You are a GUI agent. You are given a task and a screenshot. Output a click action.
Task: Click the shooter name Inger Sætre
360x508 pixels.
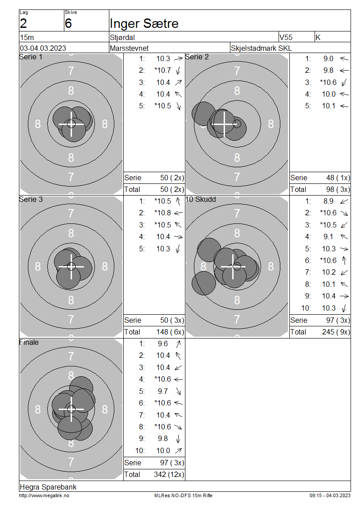pos(144,24)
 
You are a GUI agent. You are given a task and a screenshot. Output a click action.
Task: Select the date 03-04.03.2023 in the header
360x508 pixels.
pos(43,48)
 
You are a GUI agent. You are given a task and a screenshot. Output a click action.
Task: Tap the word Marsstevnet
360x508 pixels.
pos(129,48)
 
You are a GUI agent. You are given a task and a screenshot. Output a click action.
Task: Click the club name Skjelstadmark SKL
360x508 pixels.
pos(261,48)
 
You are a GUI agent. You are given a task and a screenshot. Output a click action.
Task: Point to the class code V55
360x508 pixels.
pos(286,37)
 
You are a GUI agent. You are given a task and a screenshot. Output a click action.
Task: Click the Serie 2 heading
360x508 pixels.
pos(197,57)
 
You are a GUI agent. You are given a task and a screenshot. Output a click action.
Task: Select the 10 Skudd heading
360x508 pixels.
pos(201,199)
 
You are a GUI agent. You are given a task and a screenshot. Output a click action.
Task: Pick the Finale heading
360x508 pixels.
pos(29,342)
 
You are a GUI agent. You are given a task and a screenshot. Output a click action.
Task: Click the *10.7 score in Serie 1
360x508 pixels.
pos(162,70)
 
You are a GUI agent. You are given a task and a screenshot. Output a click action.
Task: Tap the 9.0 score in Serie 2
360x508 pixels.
pos(328,58)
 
